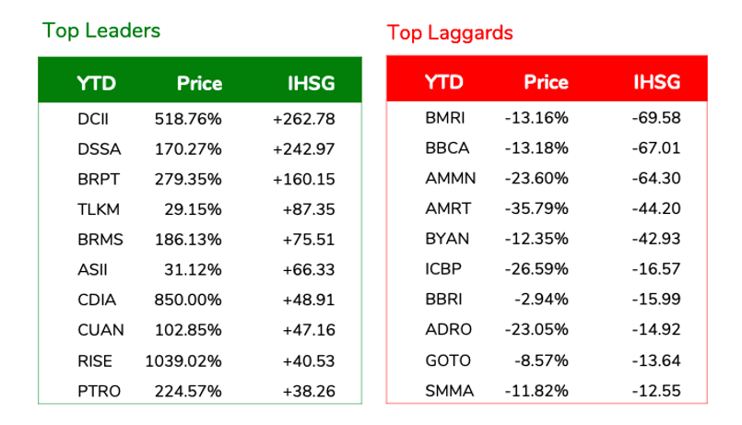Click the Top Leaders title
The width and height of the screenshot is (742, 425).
(101, 30)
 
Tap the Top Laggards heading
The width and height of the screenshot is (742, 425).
(450, 33)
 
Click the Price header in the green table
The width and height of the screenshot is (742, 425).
(199, 83)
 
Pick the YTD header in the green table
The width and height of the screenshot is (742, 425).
(96, 83)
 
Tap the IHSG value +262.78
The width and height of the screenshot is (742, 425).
(303, 119)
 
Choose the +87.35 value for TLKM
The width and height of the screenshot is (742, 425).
(309, 209)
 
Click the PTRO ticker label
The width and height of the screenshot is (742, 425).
(99, 391)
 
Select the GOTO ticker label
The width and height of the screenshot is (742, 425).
(447, 360)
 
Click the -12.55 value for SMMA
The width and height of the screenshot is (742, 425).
(658, 390)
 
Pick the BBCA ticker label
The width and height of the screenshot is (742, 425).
(447, 148)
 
